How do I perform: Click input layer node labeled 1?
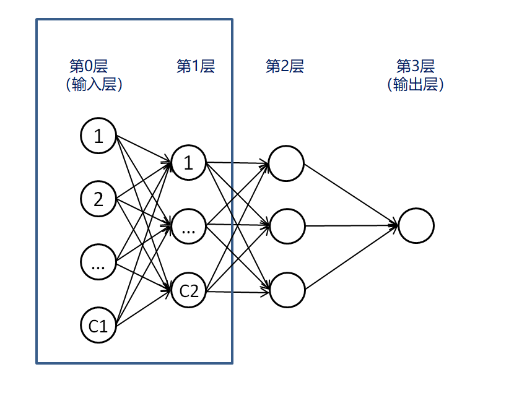tap(98, 136)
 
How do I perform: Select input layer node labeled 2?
tap(98, 199)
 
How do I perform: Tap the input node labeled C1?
tap(98, 325)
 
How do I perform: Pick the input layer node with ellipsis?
tap(98, 262)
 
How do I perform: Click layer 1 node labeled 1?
tap(189, 163)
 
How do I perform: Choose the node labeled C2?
tap(189, 290)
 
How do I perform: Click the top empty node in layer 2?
tap(286, 163)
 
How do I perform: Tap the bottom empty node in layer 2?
tap(287, 289)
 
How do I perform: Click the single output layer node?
tap(416, 225)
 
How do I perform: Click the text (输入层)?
tap(94, 85)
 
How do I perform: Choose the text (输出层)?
tap(416, 85)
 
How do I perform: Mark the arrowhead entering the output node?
tap(394, 225)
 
